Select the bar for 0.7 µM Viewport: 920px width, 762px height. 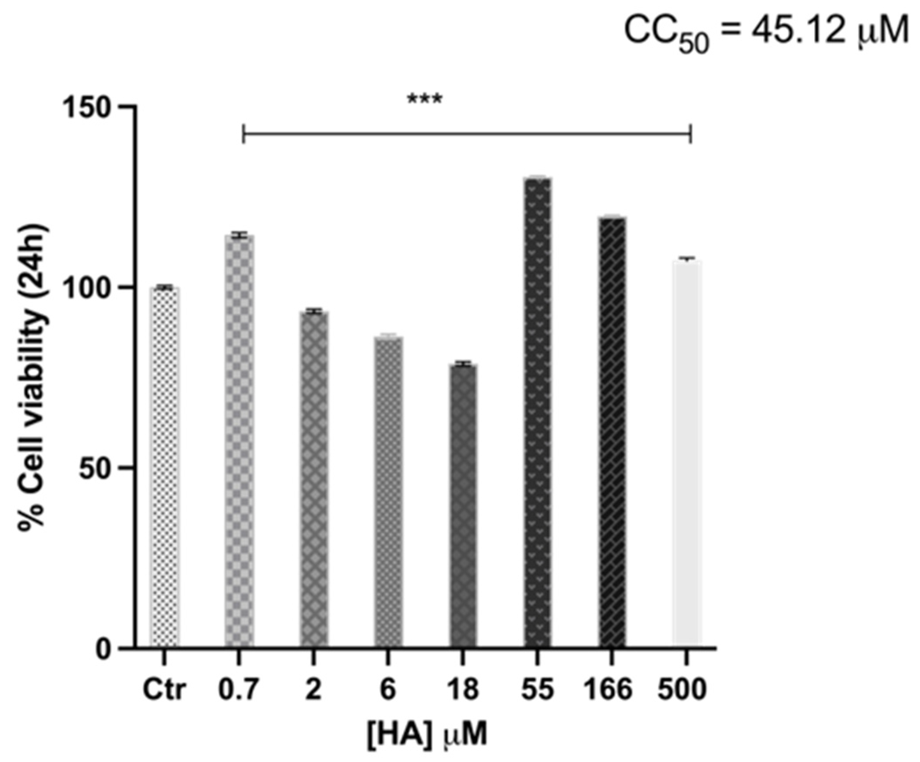click(x=239, y=441)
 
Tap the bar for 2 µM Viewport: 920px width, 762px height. click(x=314, y=479)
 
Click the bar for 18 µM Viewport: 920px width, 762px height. click(x=463, y=505)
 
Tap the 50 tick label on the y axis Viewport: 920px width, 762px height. click(x=98, y=468)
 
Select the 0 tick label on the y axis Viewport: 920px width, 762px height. click(x=105, y=648)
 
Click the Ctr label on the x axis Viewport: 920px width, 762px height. click(x=164, y=690)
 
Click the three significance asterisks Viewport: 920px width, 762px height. click(x=425, y=99)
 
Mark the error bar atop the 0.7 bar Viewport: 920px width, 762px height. click(x=239, y=235)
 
